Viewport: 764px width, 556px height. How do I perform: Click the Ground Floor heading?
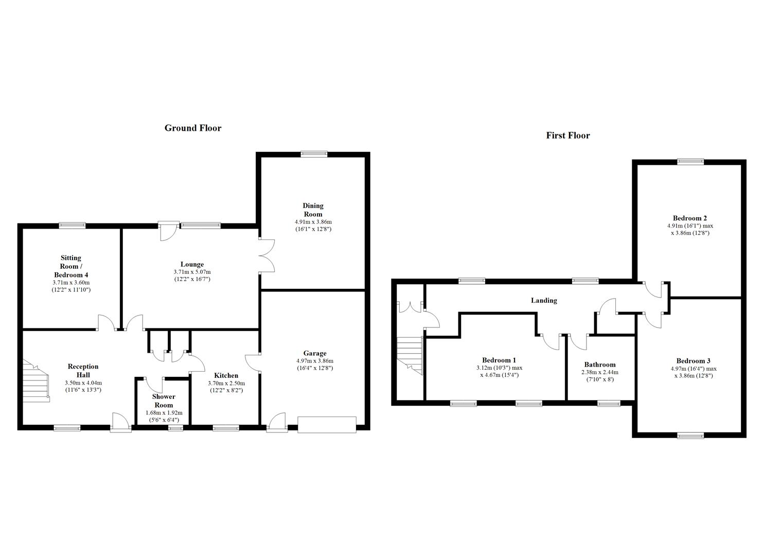[x=192, y=128]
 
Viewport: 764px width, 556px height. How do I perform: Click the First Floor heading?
[x=567, y=135]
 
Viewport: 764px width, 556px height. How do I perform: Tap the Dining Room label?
[x=313, y=210]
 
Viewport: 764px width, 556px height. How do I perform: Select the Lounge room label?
[x=191, y=265]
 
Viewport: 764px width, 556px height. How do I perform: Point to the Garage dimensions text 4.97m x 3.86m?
[x=314, y=361]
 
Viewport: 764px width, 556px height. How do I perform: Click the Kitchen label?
[x=226, y=375]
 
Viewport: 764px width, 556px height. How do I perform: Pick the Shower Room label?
[x=163, y=401]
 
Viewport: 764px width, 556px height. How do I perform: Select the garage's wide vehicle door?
[x=327, y=425]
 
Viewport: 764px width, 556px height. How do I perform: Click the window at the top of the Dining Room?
[x=314, y=153]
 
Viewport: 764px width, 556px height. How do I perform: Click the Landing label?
[x=544, y=300]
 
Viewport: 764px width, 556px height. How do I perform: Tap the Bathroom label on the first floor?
[x=599, y=364]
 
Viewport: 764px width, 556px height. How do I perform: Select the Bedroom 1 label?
[x=499, y=360]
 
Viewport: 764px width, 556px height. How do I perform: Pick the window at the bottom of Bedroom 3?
[x=690, y=436]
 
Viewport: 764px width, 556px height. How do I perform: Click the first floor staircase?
[x=410, y=355]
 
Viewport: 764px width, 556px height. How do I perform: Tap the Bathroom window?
[x=609, y=404]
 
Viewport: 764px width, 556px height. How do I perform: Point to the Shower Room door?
[x=153, y=385]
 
